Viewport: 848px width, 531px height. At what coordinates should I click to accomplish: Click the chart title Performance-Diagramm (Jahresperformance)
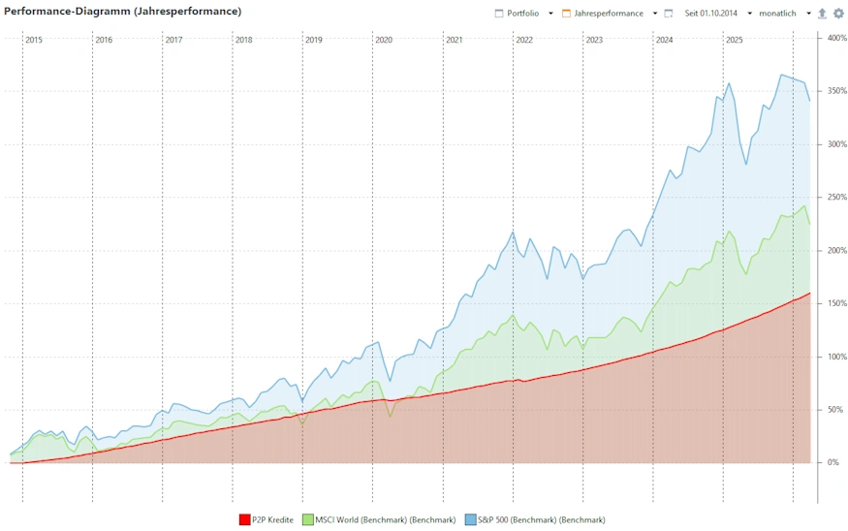tap(124, 12)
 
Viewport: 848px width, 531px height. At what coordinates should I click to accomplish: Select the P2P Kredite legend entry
tap(272, 520)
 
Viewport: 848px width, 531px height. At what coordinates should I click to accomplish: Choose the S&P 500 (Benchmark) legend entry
tap(541, 520)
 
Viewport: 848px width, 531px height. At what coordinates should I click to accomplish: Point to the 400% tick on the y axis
tap(835, 38)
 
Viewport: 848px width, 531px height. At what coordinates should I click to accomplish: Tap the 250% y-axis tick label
tap(835, 198)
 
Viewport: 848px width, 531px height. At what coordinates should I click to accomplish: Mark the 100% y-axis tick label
tap(835, 357)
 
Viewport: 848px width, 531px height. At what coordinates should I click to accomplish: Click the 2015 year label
tap(34, 40)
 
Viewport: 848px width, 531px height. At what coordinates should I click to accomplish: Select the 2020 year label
tap(384, 40)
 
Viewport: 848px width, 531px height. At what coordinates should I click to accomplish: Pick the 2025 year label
tap(735, 40)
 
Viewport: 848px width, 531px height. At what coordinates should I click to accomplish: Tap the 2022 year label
tap(524, 40)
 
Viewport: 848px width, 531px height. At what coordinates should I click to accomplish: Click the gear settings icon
tap(838, 14)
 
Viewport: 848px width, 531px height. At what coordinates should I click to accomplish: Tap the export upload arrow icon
tap(823, 14)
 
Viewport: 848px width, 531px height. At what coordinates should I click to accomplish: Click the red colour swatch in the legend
tap(244, 520)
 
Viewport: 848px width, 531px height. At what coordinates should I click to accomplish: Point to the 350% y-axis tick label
tap(835, 91)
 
